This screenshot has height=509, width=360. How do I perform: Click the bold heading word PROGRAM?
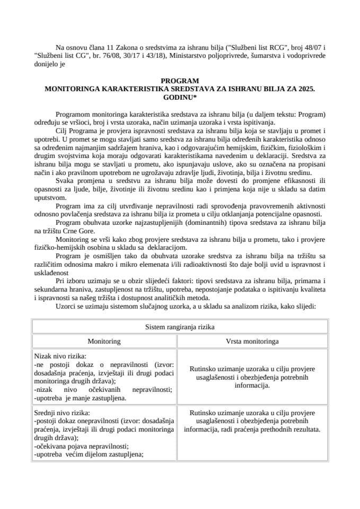click(180, 81)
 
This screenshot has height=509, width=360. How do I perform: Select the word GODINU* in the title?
click(180, 99)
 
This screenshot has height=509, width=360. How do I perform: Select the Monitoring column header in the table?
click(104, 341)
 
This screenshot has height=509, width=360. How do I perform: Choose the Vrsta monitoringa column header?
click(252, 341)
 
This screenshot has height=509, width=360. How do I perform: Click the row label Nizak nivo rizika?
click(59, 357)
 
